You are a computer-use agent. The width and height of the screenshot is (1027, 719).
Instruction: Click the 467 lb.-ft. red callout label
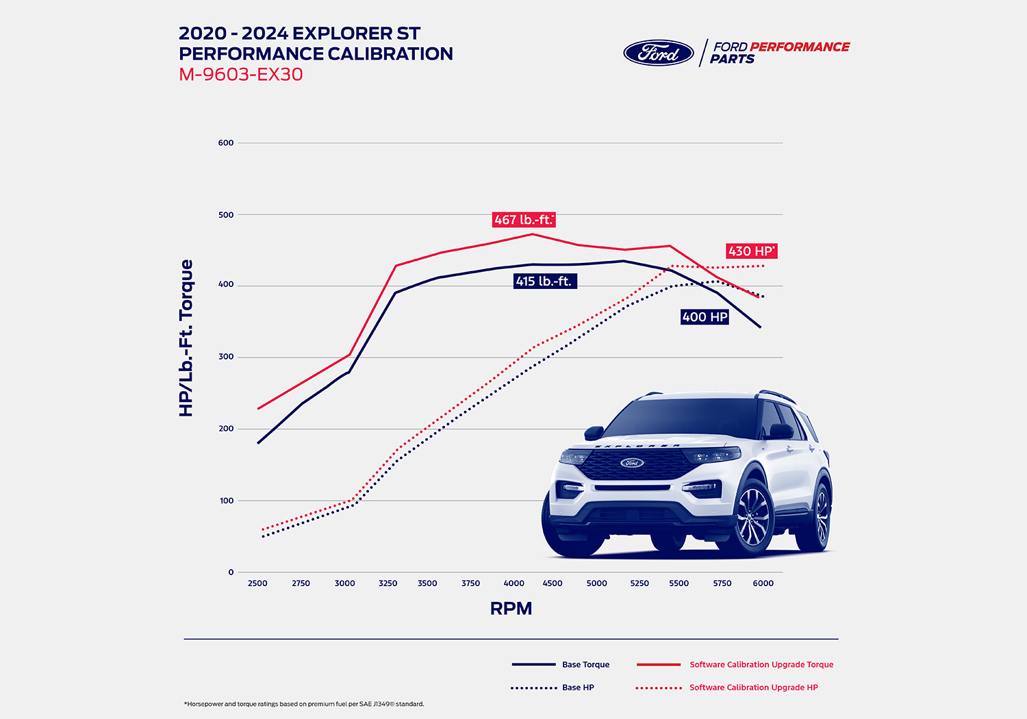pos(524,220)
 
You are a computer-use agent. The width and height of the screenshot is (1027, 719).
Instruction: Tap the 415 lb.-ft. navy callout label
pos(544,281)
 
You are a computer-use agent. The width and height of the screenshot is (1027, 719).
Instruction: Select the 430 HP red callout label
pos(751,251)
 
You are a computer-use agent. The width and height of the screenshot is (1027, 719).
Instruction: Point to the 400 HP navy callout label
pos(705,317)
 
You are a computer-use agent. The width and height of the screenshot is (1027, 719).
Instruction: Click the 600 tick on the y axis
pos(226,143)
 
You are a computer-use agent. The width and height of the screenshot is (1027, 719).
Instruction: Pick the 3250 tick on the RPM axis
pos(388,583)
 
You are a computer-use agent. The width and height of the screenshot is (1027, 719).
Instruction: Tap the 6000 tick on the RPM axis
pos(763,583)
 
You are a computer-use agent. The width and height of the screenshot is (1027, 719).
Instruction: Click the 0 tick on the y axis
pos(231,572)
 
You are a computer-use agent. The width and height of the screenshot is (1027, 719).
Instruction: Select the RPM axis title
pos(511,608)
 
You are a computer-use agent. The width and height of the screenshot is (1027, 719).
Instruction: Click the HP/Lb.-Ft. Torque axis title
pos(186,338)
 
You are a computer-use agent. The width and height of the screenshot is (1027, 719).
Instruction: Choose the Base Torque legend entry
pos(585,664)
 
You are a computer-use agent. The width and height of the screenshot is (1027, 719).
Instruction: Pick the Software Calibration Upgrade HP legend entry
pos(753,688)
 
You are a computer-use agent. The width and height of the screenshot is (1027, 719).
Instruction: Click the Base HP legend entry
pos(578,688)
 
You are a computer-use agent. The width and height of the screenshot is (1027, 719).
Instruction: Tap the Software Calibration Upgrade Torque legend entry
pos(761,664)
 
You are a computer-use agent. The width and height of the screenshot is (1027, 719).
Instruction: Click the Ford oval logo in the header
pos(659,53)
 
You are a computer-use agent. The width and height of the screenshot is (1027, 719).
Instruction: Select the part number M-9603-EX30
pos(241,75)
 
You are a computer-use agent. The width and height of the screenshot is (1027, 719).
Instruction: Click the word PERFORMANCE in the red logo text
pos(800,47)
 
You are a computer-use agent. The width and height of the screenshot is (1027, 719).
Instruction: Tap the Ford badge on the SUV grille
pos(632,463)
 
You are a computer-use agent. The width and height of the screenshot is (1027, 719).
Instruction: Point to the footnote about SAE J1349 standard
pos(304,704)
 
